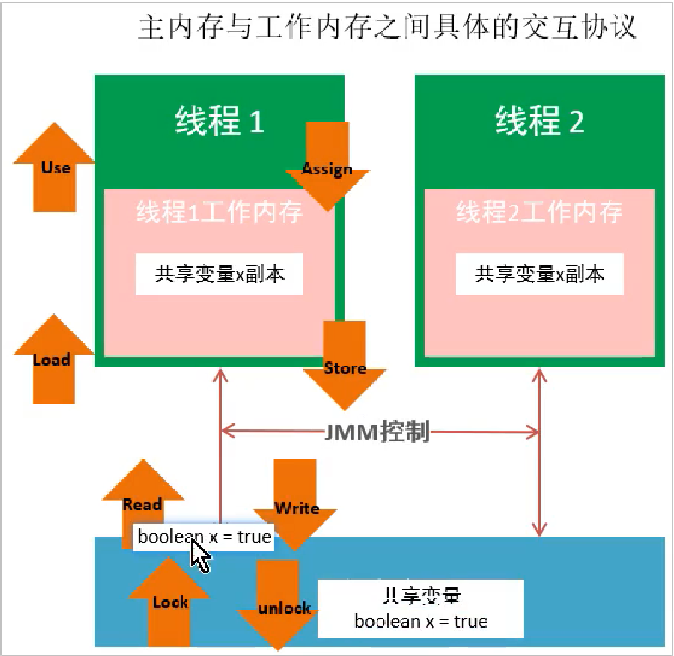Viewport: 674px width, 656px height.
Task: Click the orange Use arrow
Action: coord(55,167)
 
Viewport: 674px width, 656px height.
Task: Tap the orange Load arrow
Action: coord(53,359)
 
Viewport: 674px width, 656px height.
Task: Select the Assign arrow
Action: coord(327,167)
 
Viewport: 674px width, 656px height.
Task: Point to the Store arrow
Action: coord(344,366)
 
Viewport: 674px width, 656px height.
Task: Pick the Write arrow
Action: coord(295,505)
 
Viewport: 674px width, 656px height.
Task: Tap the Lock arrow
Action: coord(169,602)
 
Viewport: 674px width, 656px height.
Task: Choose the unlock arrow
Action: coord(278,605)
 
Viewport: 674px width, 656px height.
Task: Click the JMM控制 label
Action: coord(377,431)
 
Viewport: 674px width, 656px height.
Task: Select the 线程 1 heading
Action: coord(220,120)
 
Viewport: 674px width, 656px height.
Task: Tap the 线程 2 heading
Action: coord(540,120)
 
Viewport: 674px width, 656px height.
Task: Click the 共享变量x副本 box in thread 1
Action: coord(220,274)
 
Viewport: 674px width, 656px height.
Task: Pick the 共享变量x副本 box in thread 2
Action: coord(540,274)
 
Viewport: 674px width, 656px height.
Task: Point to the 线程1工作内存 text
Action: coord(220,212)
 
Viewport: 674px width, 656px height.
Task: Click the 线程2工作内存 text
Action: coord(540,212)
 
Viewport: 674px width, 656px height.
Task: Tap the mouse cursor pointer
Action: coord(199,555)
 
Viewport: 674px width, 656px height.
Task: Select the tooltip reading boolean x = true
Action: coord(203,537)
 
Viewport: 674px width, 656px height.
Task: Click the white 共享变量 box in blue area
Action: coord(421,609)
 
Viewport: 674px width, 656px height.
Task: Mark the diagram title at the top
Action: coord(387,27)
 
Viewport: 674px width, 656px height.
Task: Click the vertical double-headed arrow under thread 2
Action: coord(540,453)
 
